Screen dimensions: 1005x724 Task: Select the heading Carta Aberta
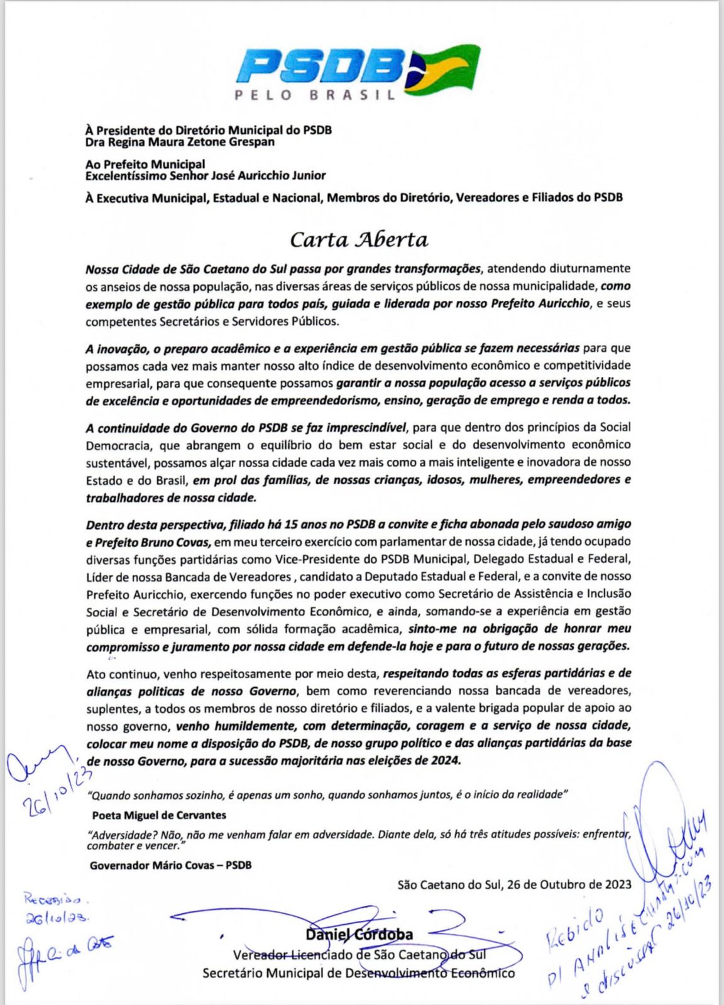[x=359, y=240]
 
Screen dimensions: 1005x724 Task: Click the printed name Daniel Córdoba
[x=359, y=935]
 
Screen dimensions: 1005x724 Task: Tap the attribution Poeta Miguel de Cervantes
[x=159, y=815]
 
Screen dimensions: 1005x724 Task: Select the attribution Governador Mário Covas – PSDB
[x=170, y=865]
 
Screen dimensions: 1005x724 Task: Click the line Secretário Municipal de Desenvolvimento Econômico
[x=358, y=973]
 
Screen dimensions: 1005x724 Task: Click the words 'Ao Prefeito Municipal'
[x=145, y=165]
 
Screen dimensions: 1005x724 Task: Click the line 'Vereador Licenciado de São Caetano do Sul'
[x=359, y=955]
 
